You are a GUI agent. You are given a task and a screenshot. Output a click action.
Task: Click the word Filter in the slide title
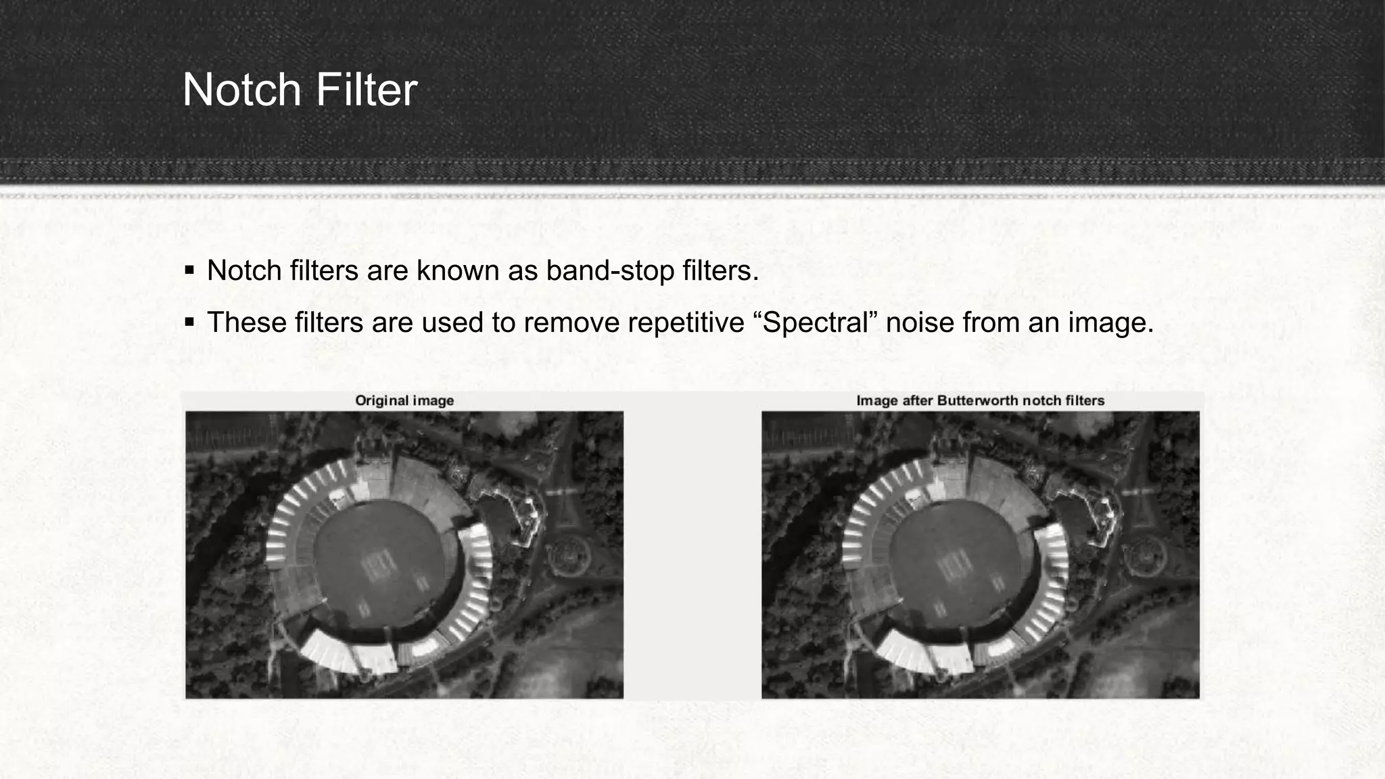[365, 90]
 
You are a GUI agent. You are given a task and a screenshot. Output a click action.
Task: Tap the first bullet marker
[189, 271]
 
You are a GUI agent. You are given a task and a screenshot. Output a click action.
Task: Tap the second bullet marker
[189, 323]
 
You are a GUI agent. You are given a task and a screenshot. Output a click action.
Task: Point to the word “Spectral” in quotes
[814, 323]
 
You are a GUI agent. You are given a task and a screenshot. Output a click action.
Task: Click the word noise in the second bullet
[920, 323]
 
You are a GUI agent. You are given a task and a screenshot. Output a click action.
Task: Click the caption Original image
[404, 400]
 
